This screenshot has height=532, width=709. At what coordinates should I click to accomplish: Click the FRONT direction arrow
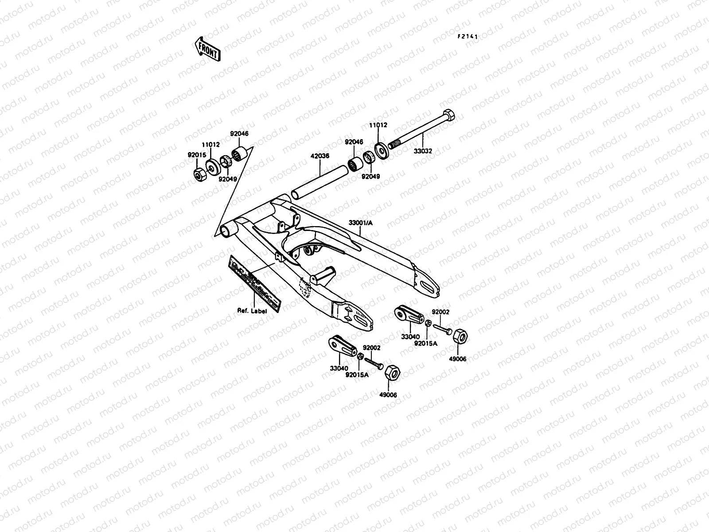click(x=206, y=48)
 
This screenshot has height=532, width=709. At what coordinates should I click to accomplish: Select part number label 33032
click(x=423, y=151)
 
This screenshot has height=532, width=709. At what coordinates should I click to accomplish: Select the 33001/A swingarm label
click(x=361, y=222)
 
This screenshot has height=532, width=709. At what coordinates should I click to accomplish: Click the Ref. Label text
click(x=252, y=311)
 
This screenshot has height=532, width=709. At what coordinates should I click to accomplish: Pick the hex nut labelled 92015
click(x=199, y=175)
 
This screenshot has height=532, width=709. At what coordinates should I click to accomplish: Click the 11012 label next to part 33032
click(x=378, y=125)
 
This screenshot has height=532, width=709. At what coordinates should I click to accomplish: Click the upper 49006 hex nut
click(x=461, y=337)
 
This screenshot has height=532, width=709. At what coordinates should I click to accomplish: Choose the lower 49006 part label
click(x=388, y=395)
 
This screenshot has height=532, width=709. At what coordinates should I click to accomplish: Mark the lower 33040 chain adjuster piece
click(x=340, y=345)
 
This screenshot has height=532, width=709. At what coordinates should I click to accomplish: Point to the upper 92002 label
click(x=440, y=312)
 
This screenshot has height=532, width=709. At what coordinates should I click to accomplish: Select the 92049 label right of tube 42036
click(x=370, y=176)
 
